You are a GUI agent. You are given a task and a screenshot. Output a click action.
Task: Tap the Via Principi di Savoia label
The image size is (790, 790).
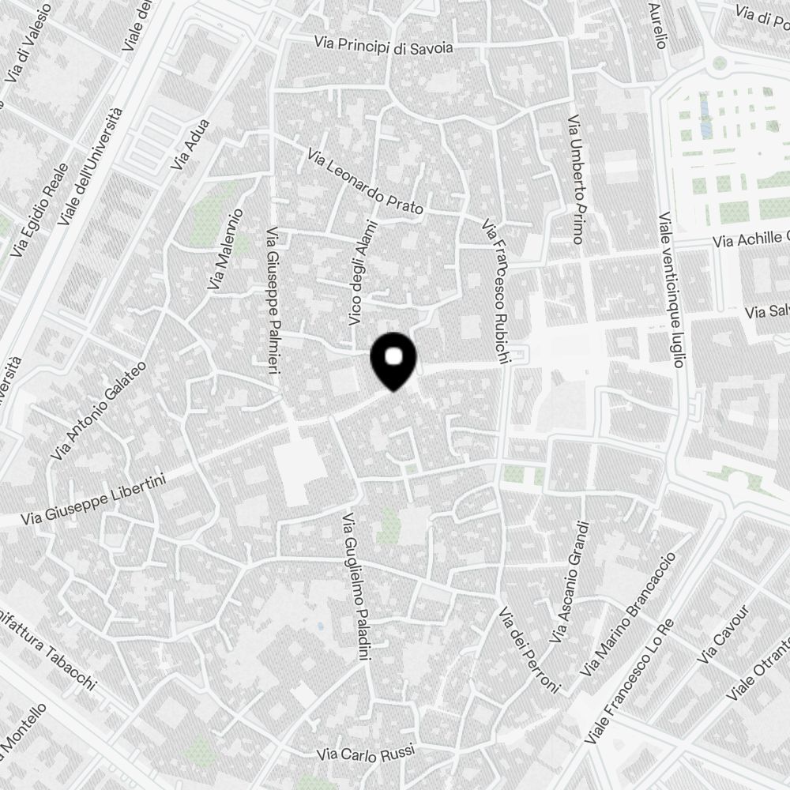[x=384, y=46]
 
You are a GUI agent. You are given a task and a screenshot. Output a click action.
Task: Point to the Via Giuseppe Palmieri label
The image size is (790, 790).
[x=274, y=307]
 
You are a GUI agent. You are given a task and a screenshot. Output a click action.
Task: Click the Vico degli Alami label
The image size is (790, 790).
[x=360, y=273]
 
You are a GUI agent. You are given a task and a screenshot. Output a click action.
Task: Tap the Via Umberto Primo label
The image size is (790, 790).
[x=574, y=179]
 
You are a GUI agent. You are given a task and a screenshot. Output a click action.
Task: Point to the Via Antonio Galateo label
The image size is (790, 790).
[x=99, y=412]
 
